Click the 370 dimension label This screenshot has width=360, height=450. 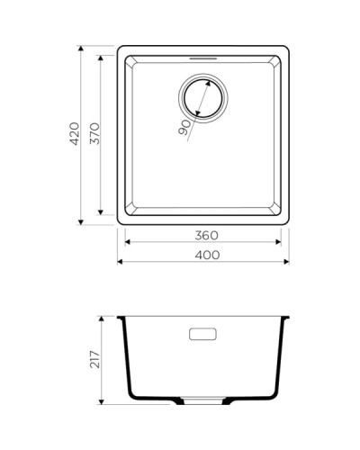point(94,134)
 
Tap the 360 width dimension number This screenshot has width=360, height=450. point(206,234)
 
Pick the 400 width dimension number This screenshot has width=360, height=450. point(206,255)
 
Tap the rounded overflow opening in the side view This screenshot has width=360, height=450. point(204,335)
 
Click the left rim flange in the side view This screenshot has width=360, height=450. point(121,319)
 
